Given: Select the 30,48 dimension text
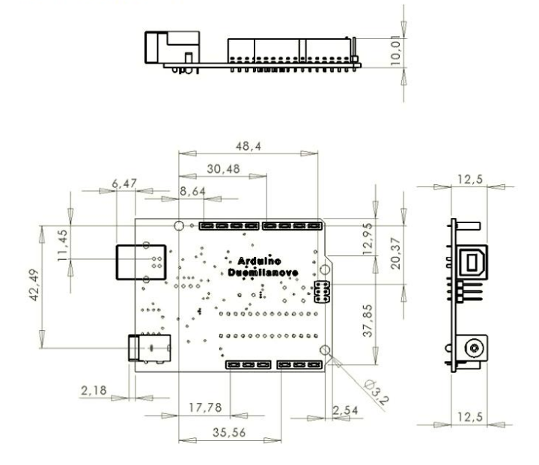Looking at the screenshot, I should [223, 169].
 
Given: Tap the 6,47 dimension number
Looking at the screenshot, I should [124, 183].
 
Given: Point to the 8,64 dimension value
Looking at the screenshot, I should [193, 192].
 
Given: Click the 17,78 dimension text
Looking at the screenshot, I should [204, 408].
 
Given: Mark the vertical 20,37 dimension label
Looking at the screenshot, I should [395, 254].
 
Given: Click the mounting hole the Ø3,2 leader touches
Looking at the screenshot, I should [324, 351].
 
